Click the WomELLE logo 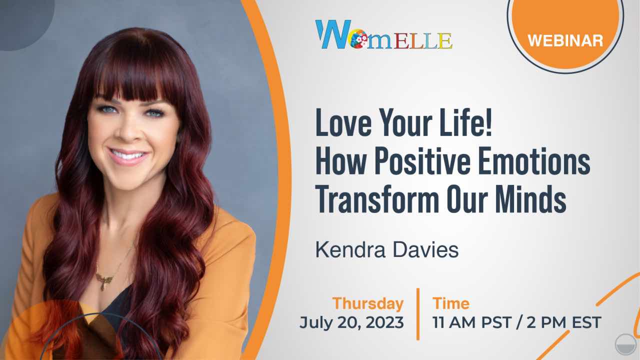point(383,34)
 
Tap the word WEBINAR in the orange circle point(565,40)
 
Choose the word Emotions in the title point(534,160)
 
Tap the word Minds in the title point(531,198)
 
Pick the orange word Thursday point(367,303)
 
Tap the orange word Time point(451,303)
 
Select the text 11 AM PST point(471,322)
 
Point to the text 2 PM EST point(564,322)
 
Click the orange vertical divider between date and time point(418,314)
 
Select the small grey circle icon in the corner point(625,345)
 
